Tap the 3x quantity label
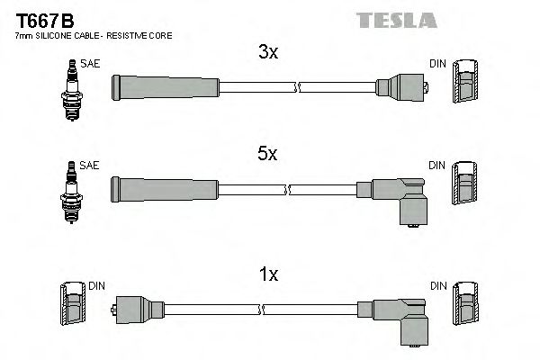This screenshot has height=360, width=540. pos(268,53)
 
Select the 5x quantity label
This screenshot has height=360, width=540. pos(268,154)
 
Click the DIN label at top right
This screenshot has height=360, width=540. pos(436,64)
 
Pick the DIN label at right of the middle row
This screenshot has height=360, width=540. pos(436,166)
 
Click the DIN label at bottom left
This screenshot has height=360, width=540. pos(97,285)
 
